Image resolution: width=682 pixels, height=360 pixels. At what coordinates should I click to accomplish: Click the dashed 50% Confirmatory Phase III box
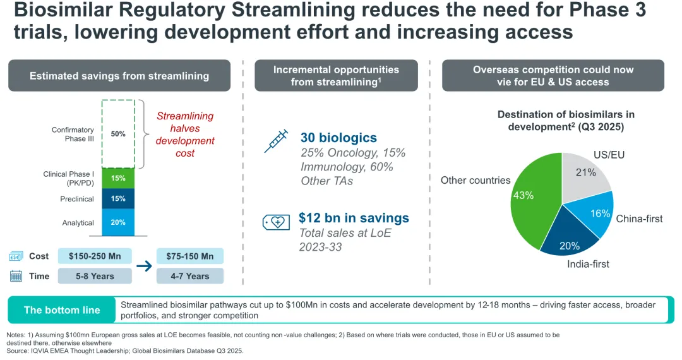coord(117,133)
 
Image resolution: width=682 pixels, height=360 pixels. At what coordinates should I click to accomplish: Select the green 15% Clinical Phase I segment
coord(117,178)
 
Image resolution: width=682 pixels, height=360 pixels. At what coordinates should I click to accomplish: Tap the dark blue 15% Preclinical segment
coord(117,199)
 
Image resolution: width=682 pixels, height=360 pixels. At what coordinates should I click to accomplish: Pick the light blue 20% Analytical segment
coord(117,222)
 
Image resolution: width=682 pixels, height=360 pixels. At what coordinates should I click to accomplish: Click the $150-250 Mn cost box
coord(95,256)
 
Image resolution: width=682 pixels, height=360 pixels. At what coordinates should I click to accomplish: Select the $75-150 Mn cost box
coord(189,256)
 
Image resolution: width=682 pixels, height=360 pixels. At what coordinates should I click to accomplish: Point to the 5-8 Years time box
coord(95,276)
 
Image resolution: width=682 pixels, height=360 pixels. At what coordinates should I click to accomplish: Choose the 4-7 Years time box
coord(189,276)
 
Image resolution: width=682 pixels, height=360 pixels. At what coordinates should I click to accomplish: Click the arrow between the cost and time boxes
coord(144,266)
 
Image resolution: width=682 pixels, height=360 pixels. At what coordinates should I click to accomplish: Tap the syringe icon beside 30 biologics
coord(276,141)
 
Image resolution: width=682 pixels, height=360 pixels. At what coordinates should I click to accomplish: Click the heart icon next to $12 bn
coord(276,222)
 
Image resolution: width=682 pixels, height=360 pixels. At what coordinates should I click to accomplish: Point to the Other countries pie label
coord(476,181)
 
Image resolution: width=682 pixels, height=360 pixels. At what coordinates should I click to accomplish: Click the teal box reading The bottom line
coord(62,309)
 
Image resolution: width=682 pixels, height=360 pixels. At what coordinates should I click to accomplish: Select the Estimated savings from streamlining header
coord(119,76)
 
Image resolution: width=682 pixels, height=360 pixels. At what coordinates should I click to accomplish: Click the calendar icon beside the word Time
coord(16,276)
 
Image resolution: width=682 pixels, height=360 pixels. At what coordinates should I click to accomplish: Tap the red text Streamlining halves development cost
coord(185,135)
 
